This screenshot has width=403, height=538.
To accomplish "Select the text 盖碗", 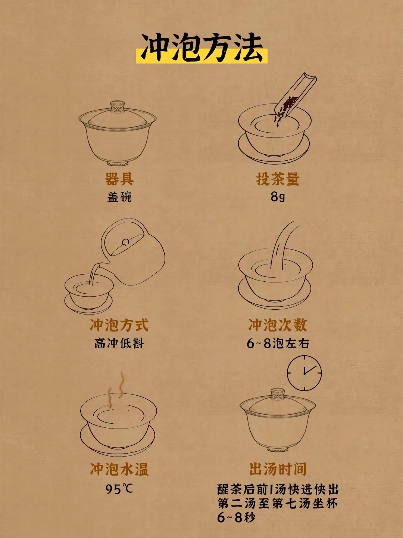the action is [x=119, y=197].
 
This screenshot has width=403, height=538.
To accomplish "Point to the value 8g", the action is [x=278, y=197].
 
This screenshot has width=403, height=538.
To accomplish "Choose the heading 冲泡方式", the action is [x=119, y=325].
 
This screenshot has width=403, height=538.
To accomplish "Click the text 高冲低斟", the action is [x=119, y=343].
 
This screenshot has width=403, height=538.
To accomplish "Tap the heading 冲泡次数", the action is [x=278, y=325].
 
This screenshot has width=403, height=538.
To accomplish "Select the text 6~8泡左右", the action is [x=278, y=343].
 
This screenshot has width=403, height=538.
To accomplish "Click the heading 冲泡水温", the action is [x=119, y=469].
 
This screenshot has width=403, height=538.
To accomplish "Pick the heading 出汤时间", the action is [x=278, y=469].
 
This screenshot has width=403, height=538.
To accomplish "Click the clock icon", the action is [x=304, y=373].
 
